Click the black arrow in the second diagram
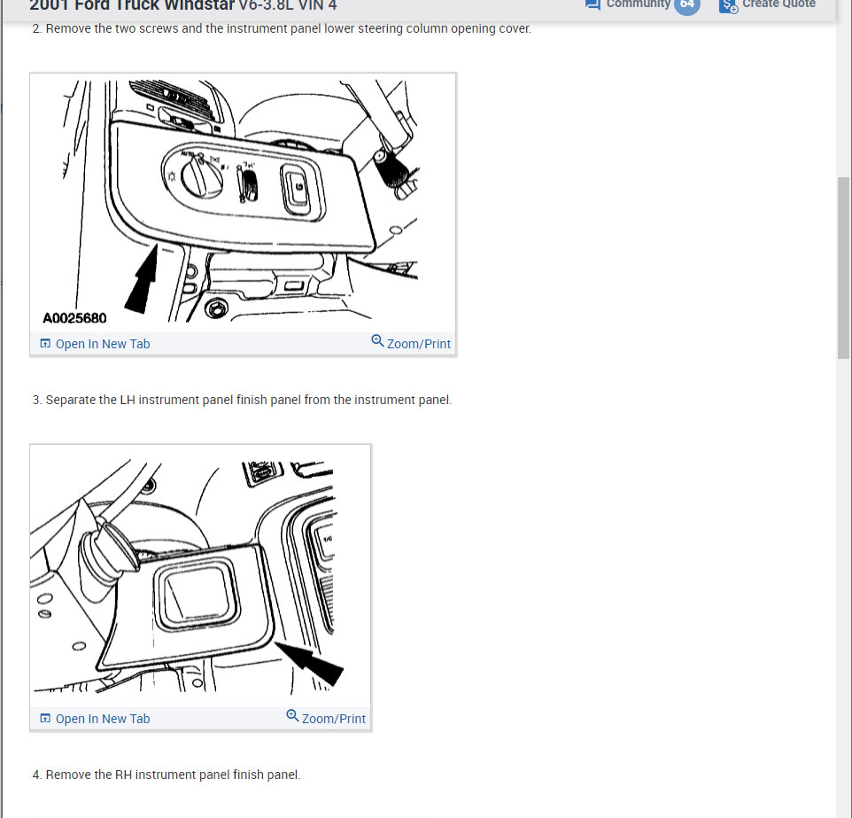[x=311, y=662]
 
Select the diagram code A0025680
[x=74, y=318]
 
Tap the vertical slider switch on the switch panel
[x=249, y=182]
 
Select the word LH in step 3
[x=107, y=400]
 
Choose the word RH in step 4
[x=124, y=775]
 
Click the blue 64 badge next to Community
[x=686, y=4]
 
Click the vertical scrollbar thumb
[x=843, y=266]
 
